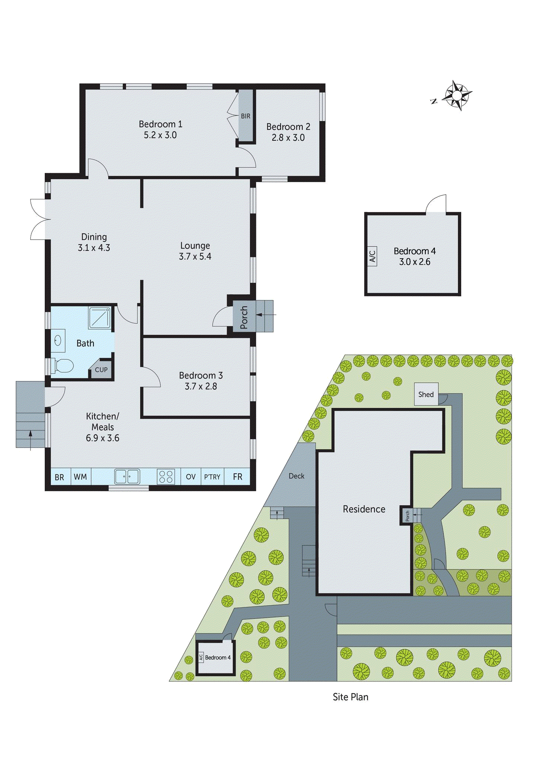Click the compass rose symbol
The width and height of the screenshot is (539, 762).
(457, 96)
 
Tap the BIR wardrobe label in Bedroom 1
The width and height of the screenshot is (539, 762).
(245, 116)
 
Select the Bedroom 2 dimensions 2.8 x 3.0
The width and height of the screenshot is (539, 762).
(288, 138)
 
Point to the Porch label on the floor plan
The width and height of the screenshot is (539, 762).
(244, 317)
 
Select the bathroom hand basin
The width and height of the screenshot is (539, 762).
(58, 340)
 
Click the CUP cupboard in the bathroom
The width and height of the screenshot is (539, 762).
(101, 370)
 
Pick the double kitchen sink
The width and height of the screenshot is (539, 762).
(127, 477)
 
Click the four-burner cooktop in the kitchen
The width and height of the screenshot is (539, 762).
(166, 477)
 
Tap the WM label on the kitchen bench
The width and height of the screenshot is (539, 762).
(80, 477)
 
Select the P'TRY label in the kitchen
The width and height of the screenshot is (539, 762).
(212, 477)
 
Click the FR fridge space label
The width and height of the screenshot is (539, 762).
(237, 477)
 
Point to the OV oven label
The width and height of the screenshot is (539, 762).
(191, 477)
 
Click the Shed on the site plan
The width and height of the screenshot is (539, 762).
(426, 394)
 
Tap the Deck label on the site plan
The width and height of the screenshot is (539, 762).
(296, 476)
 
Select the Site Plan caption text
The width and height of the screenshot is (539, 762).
(350, 697)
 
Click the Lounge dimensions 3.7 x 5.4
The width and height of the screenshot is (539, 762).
(195, 256)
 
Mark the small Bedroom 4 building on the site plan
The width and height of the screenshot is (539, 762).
(216, 658)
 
